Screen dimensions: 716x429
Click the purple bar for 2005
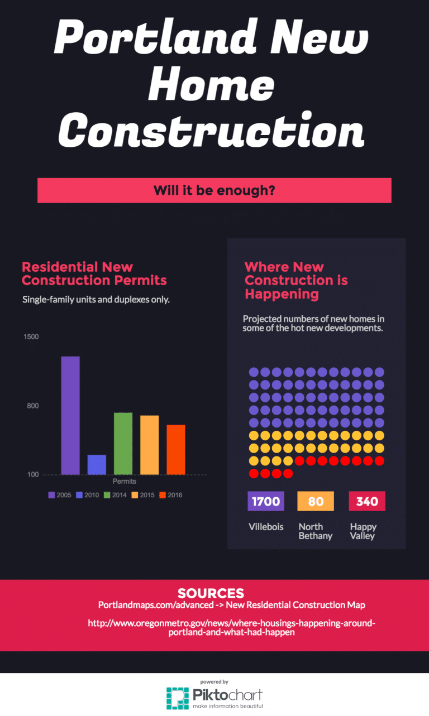70,415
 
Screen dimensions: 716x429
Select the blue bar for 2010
97,464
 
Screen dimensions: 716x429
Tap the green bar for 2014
123,443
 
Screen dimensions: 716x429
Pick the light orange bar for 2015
149,445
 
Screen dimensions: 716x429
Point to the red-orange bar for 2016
175,449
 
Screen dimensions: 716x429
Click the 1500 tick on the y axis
31,337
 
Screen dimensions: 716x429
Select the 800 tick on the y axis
33,406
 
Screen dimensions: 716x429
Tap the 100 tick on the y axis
33,474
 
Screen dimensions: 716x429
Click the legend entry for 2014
115,495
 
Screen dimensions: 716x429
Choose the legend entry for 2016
170,495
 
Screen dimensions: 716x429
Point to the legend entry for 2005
60,495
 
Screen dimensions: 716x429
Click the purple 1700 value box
266,501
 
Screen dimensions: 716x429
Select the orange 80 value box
316,501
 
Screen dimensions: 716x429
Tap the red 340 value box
367,501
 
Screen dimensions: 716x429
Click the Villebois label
266,527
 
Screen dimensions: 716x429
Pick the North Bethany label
315,531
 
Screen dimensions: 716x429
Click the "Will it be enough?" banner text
214,190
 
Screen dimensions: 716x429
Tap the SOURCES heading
211,593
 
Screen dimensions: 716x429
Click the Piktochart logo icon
177,698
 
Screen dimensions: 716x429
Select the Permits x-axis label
125,481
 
